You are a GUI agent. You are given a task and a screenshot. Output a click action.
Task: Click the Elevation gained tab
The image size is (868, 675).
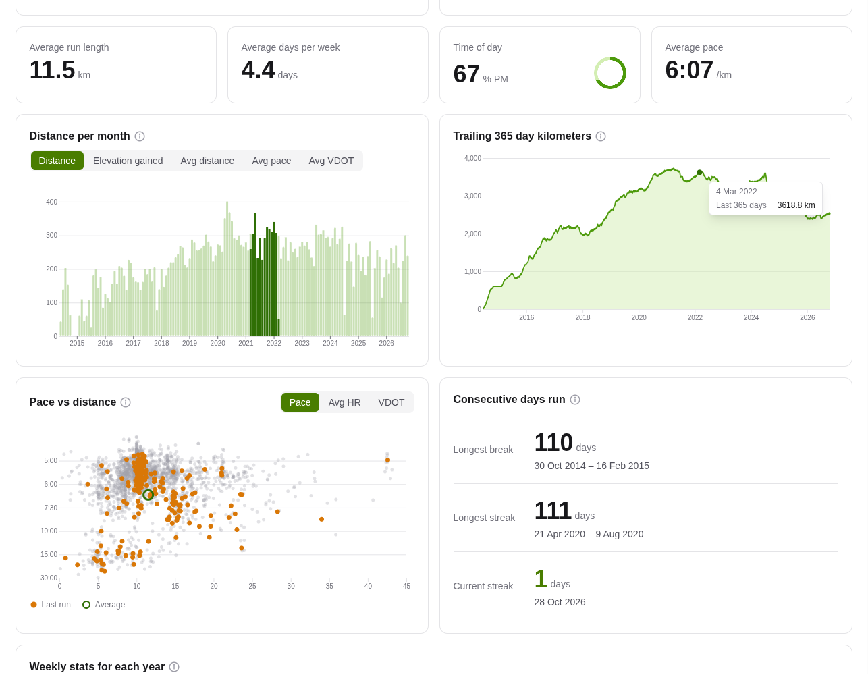[128, 161]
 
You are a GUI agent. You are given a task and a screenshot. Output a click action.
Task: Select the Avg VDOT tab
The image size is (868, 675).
[331, 161]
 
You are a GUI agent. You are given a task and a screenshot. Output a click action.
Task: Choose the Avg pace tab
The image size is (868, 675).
[271, 161]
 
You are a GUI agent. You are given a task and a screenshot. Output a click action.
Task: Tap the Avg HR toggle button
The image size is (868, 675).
[344, 402]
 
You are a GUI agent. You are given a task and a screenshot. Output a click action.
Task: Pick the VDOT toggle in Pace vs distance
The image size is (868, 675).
[391, 402]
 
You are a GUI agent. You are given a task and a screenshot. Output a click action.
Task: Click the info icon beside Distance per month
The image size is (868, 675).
[140, 136]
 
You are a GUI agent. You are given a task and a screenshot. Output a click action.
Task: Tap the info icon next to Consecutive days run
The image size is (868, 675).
[575, 400]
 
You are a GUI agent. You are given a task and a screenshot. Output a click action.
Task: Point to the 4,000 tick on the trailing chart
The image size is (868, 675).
[472, 158]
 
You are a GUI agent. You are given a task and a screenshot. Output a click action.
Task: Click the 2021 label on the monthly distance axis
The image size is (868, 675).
[246, 343]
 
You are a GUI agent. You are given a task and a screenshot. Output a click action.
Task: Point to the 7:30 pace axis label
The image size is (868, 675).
[51, 508]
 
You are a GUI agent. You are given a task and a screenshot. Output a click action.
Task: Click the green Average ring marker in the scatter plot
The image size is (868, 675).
[148, 495]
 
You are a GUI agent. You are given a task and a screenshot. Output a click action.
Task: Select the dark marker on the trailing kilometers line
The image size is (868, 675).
[699, 173]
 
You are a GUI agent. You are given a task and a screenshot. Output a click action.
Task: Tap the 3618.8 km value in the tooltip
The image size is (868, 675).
[796, 205]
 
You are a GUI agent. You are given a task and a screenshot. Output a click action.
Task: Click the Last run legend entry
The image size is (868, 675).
[51, 605]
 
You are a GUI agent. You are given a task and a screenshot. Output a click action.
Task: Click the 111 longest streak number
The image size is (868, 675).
[553, 511]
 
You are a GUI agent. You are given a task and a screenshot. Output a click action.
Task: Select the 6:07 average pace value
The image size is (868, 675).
[689, 70]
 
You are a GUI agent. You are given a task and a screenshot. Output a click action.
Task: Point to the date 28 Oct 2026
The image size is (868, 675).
[560, 602]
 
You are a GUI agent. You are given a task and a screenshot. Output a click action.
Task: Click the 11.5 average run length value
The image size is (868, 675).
[52, 70]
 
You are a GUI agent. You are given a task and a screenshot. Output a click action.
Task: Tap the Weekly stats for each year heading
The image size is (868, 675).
[97, 667]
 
